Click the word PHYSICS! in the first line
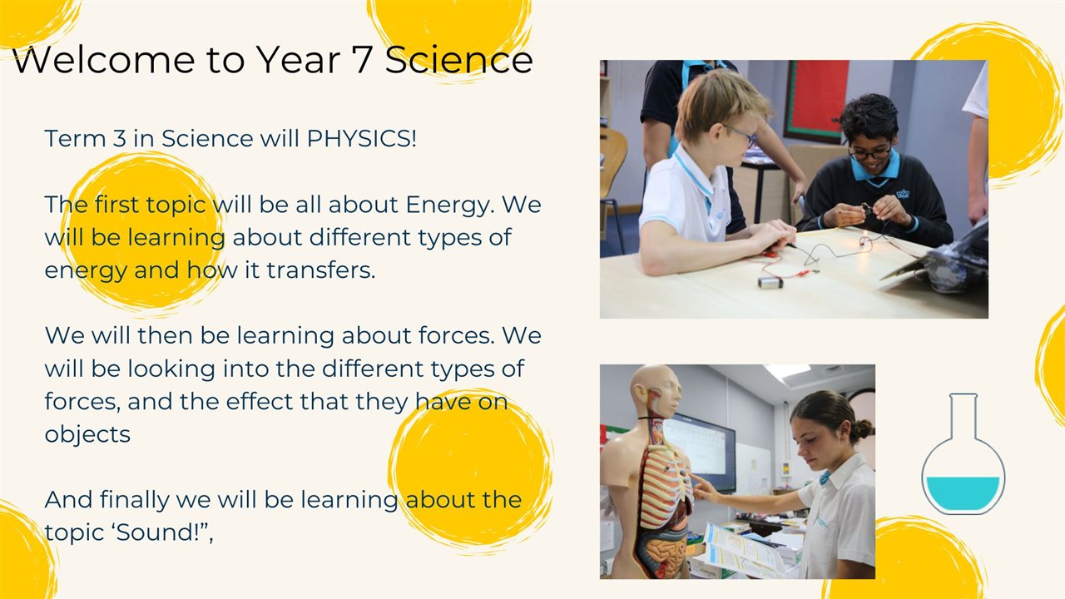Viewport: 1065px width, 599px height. click(x=362, y=138)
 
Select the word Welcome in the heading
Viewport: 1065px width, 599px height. click(x=105, y=60)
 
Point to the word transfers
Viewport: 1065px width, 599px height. click(x=321, y=270)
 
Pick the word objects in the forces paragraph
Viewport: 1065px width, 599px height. click(x=87, y=434)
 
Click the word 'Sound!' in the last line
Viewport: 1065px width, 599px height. click(x=157, y=532)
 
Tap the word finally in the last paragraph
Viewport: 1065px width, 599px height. click(x=134, y=500)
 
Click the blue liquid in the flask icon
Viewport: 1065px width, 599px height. click(x=963, y=493)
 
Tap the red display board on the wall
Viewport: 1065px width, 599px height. click(x=818, y=100)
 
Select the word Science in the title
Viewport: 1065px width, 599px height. click(x=458, y=60)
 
